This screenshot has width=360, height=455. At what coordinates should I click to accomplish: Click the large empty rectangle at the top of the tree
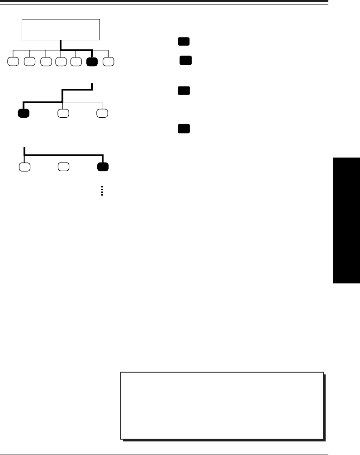pyautogui.click(x=61, y=29)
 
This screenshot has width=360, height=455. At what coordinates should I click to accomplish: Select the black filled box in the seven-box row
pyautogui.click(x=92, y=61)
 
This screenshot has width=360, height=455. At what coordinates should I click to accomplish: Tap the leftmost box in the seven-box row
pyautogui.click(x=13, y=61)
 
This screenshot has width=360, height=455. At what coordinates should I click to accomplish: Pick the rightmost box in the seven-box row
pyautogui.click(x=109, y=61)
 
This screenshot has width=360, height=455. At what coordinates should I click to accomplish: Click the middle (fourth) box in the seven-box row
pyautogui.click(x=61, y=61)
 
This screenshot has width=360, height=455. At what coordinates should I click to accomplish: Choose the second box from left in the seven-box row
pyautogui.click(x=29, y=61)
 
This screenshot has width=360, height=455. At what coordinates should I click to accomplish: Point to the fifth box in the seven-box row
pyautogui.click(x=76, y=61)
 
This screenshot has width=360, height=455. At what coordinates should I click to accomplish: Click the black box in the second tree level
pyautogui.click(x=24, y=113)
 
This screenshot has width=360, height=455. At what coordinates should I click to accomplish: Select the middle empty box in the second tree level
pyautogui.click(x=63, y=113)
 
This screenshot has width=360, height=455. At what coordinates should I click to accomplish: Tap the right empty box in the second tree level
pyautogui.click(x=103, y=113)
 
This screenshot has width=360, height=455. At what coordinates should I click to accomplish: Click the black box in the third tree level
pyautogui.click(x=103, y=166)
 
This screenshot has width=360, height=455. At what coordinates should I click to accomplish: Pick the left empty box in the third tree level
pyautogui.click(x=24, y=166)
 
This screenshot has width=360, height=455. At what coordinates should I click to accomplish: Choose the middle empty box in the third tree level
pyautogui.click(x=63, y=166)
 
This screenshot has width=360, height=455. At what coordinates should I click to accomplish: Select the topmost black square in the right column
pyautogui.click(x=183, y=42)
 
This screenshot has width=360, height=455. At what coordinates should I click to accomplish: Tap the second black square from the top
pyautogui.click(x=185, y=60)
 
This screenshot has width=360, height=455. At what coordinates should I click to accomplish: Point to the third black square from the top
pyautogui.click(x=183, y=91)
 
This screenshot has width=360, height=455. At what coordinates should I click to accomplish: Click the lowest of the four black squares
pyautogui.click(x=183, y=129)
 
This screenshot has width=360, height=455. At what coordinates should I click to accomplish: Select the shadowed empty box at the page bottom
pyautogui.click(x=222, y=405)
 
